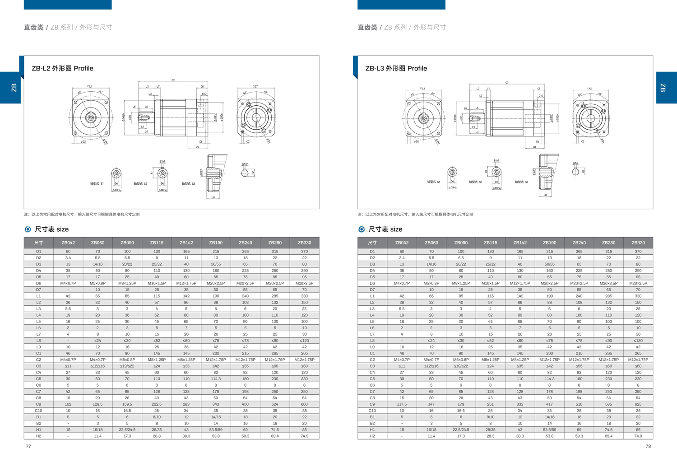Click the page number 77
28,446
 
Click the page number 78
648,446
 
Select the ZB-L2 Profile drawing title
62,68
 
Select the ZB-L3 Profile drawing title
396,68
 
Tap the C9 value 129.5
97,404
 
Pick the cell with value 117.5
402,404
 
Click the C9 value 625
638,404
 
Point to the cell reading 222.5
157,404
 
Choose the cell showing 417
549,404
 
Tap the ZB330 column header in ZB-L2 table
304,243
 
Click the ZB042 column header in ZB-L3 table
402,243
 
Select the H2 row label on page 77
38,436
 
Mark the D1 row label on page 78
372,252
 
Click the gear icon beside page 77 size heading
28,229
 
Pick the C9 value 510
579,404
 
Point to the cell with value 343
216,404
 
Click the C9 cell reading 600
304,404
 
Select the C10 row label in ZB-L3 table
372,411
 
